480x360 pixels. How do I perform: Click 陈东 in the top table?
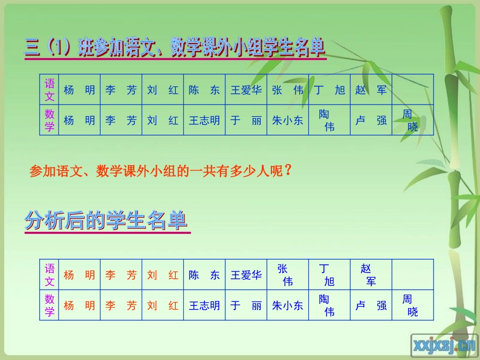tap(204, 90)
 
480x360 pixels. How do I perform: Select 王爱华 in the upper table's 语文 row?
tap(246, 90)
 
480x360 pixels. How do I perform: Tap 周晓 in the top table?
tap(411, 121)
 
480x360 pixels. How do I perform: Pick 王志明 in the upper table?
tap(204, 121)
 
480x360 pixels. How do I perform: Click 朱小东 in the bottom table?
tap(287, 305)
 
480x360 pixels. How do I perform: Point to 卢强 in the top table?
tap(371, 121)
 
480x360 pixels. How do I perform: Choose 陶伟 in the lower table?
tap(327, 305)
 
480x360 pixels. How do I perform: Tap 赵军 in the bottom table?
tap(369, 275)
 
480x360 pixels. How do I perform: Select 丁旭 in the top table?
tap(329, 90)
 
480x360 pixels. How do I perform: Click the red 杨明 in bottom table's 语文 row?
tap(79, 275)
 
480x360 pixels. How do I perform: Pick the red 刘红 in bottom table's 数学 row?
tap(163, 305)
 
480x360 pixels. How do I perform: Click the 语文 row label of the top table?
tap(50, 90)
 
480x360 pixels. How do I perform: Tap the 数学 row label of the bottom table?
tap(50, 305)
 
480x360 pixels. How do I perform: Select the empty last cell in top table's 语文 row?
tap(413, 90)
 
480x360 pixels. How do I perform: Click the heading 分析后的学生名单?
tap(106, 222)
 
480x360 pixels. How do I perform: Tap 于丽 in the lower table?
tap(246, 305)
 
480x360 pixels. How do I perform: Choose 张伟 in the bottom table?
tap(285, 275)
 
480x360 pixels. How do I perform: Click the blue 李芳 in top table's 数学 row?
tap(121, 121)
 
